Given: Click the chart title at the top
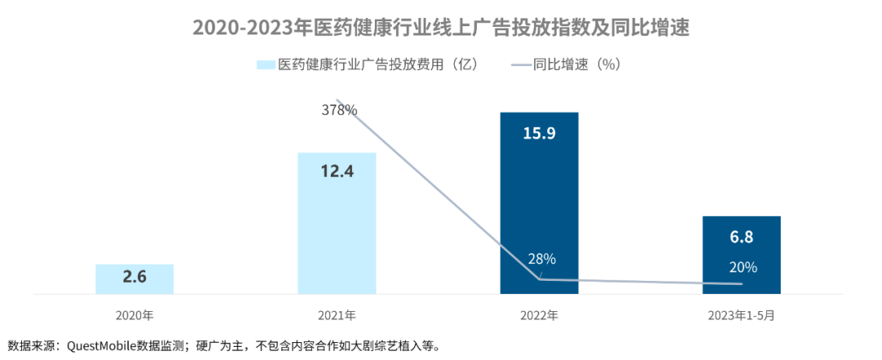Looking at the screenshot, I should point(441,27).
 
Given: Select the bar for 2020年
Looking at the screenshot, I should point(135,278).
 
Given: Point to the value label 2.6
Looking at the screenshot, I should point(135,278).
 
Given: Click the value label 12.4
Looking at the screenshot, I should point(336,172).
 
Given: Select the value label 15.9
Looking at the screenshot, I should point(539,132).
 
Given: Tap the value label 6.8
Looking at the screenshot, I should point(742,237).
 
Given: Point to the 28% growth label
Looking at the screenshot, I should point(541,259).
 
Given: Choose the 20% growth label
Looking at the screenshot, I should point(743,267).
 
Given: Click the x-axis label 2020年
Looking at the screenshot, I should point(135,314).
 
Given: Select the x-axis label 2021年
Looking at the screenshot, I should point(336,314).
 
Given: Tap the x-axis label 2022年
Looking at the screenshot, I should point(539,314).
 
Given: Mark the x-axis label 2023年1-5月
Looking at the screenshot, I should point(742,314).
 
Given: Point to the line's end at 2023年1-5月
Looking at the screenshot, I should point(742,284).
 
